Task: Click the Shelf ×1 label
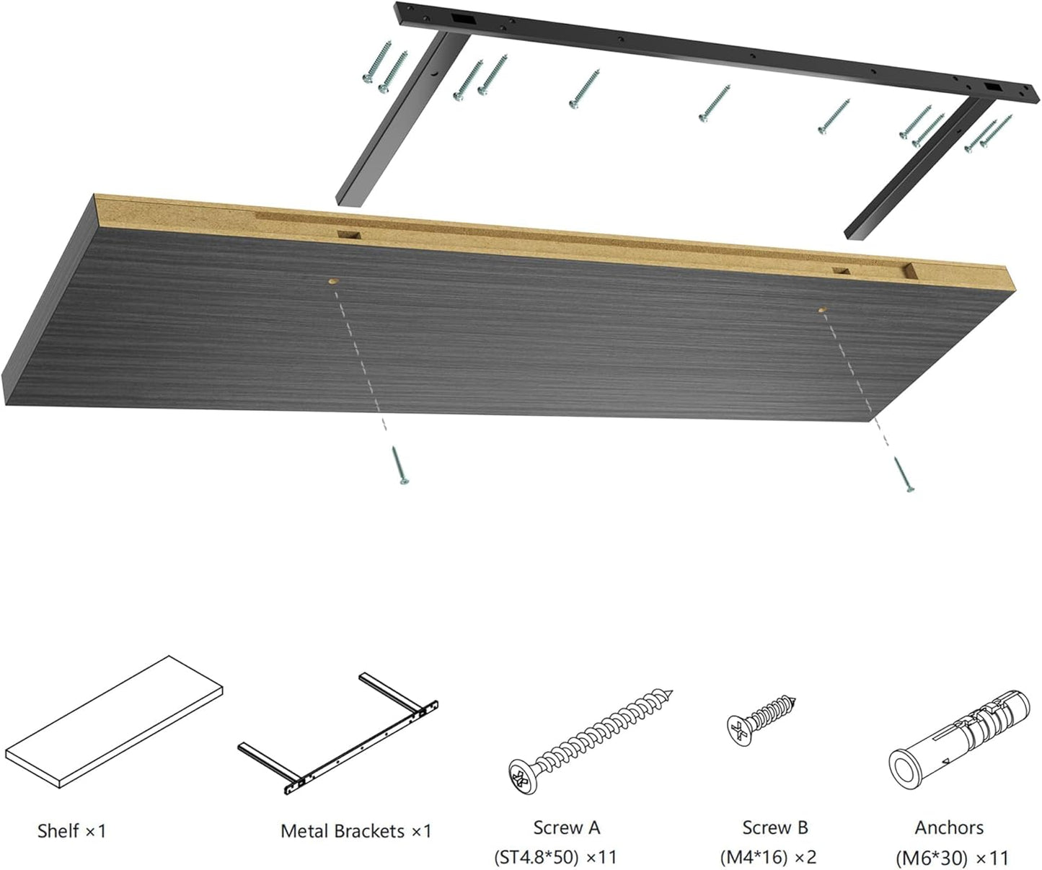click(x=71, y=831)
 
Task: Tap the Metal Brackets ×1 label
click(x=356, y=831)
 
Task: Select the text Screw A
click(x=566, y=827)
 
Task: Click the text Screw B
click(x=775, y=827)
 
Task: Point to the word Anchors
click(x=949, y=827)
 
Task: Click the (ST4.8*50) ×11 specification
click(x=555, y=857)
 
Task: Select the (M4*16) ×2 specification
click(x=768, y=857)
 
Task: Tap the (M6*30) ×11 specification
click(x=952, y=858)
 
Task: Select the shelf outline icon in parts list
click(x=114, y=722)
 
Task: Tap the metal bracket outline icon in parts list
click(x=339, y=735)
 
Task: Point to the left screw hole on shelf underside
click(x=332, y=282)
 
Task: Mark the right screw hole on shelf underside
click(x=822, y=310)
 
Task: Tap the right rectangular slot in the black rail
click(x=994, y=86)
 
